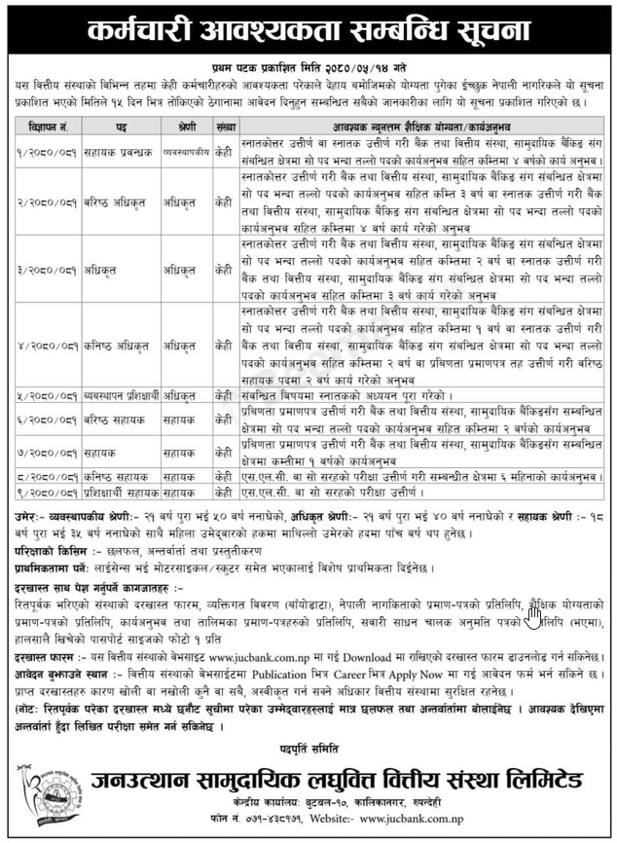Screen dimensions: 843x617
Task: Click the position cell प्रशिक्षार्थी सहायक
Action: pos(121,495)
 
